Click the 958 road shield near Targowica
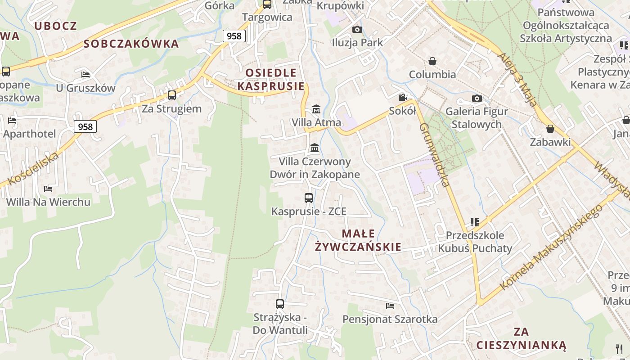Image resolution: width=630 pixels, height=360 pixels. coord(234,36)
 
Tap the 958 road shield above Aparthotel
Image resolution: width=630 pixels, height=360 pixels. coord(85,127)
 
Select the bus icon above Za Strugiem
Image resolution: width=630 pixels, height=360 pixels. coord(172,95)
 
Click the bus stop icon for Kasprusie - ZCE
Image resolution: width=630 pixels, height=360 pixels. coord(309,198)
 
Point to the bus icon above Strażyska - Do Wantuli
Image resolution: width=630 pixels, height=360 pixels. coord(280,304)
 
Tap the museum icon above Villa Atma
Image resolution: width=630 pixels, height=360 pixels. coord(316,109)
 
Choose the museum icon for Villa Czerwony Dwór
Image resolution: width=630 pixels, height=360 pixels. coord(315,148)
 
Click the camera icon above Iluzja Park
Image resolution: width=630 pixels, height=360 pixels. coord(357,30)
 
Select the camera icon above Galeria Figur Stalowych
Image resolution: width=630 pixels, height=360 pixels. coord(477,98)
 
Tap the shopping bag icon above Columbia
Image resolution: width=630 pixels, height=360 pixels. coord(432,61)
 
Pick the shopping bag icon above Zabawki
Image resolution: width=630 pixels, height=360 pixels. coord(550,129)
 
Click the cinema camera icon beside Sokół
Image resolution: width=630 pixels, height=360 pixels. coord(402,98)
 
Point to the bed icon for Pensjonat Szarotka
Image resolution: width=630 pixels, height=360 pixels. coord(390,306)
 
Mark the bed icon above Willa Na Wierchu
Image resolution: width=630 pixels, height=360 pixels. coord(48,189)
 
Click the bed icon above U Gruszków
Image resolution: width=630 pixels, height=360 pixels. coord(85,75)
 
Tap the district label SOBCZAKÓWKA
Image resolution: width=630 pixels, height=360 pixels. coord(131,44)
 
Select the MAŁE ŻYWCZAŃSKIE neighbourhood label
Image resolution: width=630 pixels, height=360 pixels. coord(358,240)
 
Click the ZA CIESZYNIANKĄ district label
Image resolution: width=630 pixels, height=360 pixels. coord(521,339)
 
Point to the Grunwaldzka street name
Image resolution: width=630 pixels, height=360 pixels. coord(434,154)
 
